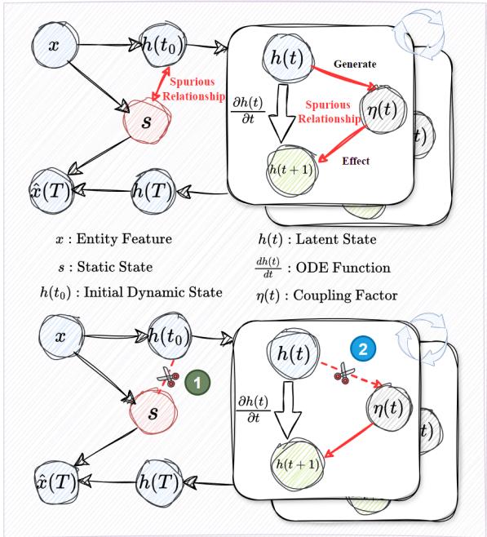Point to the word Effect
tap(355, 161)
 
